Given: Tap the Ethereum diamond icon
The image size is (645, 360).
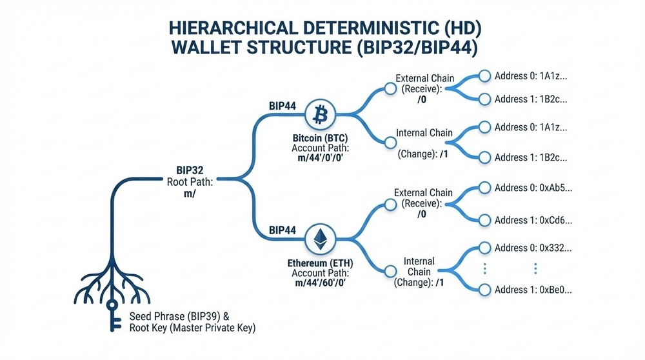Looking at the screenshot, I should click(319, 239).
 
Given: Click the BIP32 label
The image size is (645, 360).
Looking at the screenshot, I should click(190, 170).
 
